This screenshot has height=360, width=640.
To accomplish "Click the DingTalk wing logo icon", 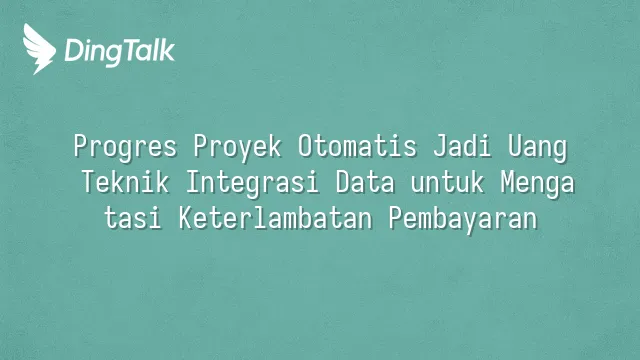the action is pyautogui.click(x=39, y=49).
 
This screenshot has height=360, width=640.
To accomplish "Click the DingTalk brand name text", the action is pyautogui.click(x=120, y=51).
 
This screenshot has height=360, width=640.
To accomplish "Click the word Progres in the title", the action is pyautogui.click(x=125, y=147).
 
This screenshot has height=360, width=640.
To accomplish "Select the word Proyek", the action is pyautogui.click(x=237, y=147).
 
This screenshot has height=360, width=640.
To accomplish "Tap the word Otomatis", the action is pyautogui.click(x=357, y=146).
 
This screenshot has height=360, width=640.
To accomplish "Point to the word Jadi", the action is pyautogui.click(x=462, y=146).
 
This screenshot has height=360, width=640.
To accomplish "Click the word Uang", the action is pyautogui.click(x=538, y=147).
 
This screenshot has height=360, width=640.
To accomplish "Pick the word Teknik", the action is pyautogui.click(x=125, y=182).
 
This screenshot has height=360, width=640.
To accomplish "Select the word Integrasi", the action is pyautogui.click(x=252, y=183).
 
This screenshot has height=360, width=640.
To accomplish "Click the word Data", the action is pyautogui.click(x=365, y=182).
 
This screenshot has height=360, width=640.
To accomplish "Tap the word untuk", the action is pyautogui.click(x=447, y=182).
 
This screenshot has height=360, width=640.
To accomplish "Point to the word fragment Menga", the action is pyautogui.click(x=538, y=183).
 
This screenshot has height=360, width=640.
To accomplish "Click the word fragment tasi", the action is pyautogui.click(x=133, y=218).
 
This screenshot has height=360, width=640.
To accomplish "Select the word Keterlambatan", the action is pyautogui.click(x=276, y=218).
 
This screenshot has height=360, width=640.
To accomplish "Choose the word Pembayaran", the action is pyautogui.click(x=463, y=219).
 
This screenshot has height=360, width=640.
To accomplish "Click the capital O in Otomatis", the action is pyautogui.click(x=305, y=146).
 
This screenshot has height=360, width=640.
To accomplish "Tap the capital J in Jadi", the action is pyautogui.click(x=440, y=146).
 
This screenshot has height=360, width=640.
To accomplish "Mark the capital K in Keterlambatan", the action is pyautogui.click(x=186, y=218).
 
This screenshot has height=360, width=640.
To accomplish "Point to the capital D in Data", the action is pyautogui.click(x=343, y=182).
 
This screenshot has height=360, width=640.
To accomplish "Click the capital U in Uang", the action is pyautogui.click(x=515, y=146).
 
